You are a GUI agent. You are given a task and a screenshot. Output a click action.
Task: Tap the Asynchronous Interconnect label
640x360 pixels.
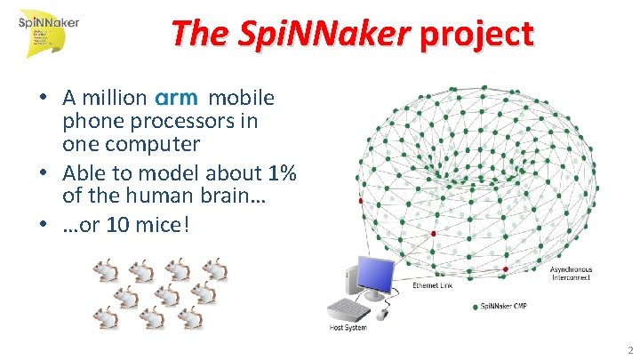point(571,274)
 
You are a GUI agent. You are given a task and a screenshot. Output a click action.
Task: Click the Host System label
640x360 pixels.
point(348,328)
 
